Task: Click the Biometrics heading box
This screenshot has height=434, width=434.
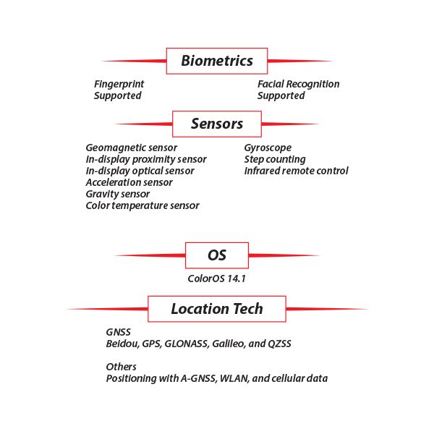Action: point(217,61)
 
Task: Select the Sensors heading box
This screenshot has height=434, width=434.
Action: point(217,124)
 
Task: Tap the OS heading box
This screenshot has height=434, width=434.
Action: point(217,255)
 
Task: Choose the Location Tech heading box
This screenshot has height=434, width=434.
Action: point(217,309)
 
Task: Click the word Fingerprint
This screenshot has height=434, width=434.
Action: point(119,84)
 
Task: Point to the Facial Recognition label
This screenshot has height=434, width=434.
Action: point(298,84)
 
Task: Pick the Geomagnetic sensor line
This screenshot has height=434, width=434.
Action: point(131,148)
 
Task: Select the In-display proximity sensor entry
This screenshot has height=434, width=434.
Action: point(145,159)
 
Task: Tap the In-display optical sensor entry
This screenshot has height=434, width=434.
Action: point(140,171)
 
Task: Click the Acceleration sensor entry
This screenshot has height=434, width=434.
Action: point(129,182)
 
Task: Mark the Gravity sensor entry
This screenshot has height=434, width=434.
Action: point(117,194)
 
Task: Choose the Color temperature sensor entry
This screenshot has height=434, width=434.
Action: point(142,205)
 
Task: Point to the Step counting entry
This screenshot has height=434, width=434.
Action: point(275,159)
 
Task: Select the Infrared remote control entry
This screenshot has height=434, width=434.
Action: point(296,171)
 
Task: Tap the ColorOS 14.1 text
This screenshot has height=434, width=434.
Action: point(217,278)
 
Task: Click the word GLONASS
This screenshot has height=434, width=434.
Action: point(187,344)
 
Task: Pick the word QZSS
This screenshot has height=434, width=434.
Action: point(278,344)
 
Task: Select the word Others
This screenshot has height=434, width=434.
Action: point(121,367)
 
